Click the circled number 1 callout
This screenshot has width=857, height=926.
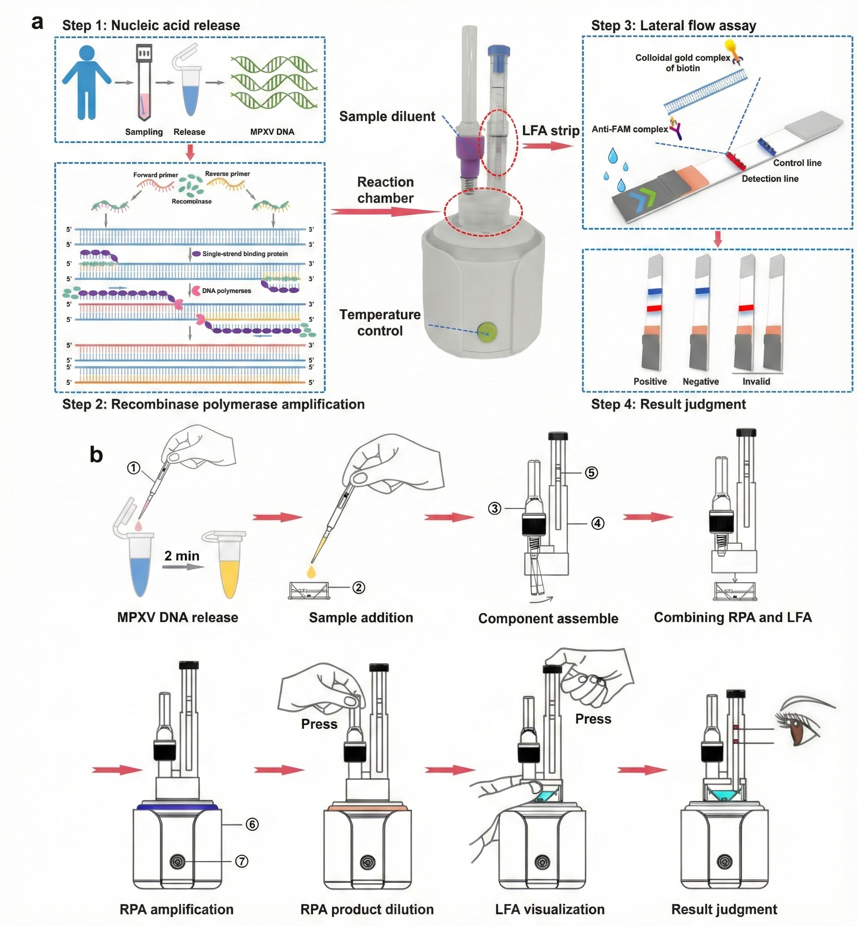[x=133, y=468]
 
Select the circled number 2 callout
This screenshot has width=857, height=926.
[x=359, y=587]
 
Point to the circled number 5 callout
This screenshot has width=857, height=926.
[x=591, y=473]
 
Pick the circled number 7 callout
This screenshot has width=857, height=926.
[x=241, y=861]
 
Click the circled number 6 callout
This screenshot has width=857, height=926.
[x=252, y=824]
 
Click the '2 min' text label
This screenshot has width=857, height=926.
[x=182, y=555]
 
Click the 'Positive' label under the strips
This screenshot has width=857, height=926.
[x=650, y=381]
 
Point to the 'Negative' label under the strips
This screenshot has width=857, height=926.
[x=700, y=381]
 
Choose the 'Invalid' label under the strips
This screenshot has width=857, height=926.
[x=756, y=381]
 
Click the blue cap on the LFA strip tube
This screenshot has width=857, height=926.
[x=499, y=51]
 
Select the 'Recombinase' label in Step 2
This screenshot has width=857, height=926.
[x=191, y=201]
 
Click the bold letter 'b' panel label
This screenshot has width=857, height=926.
[x=96, y=454]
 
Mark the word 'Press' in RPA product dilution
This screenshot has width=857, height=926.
[x=319, y=724]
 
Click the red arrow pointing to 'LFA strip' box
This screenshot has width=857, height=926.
[x=547, y=146]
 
